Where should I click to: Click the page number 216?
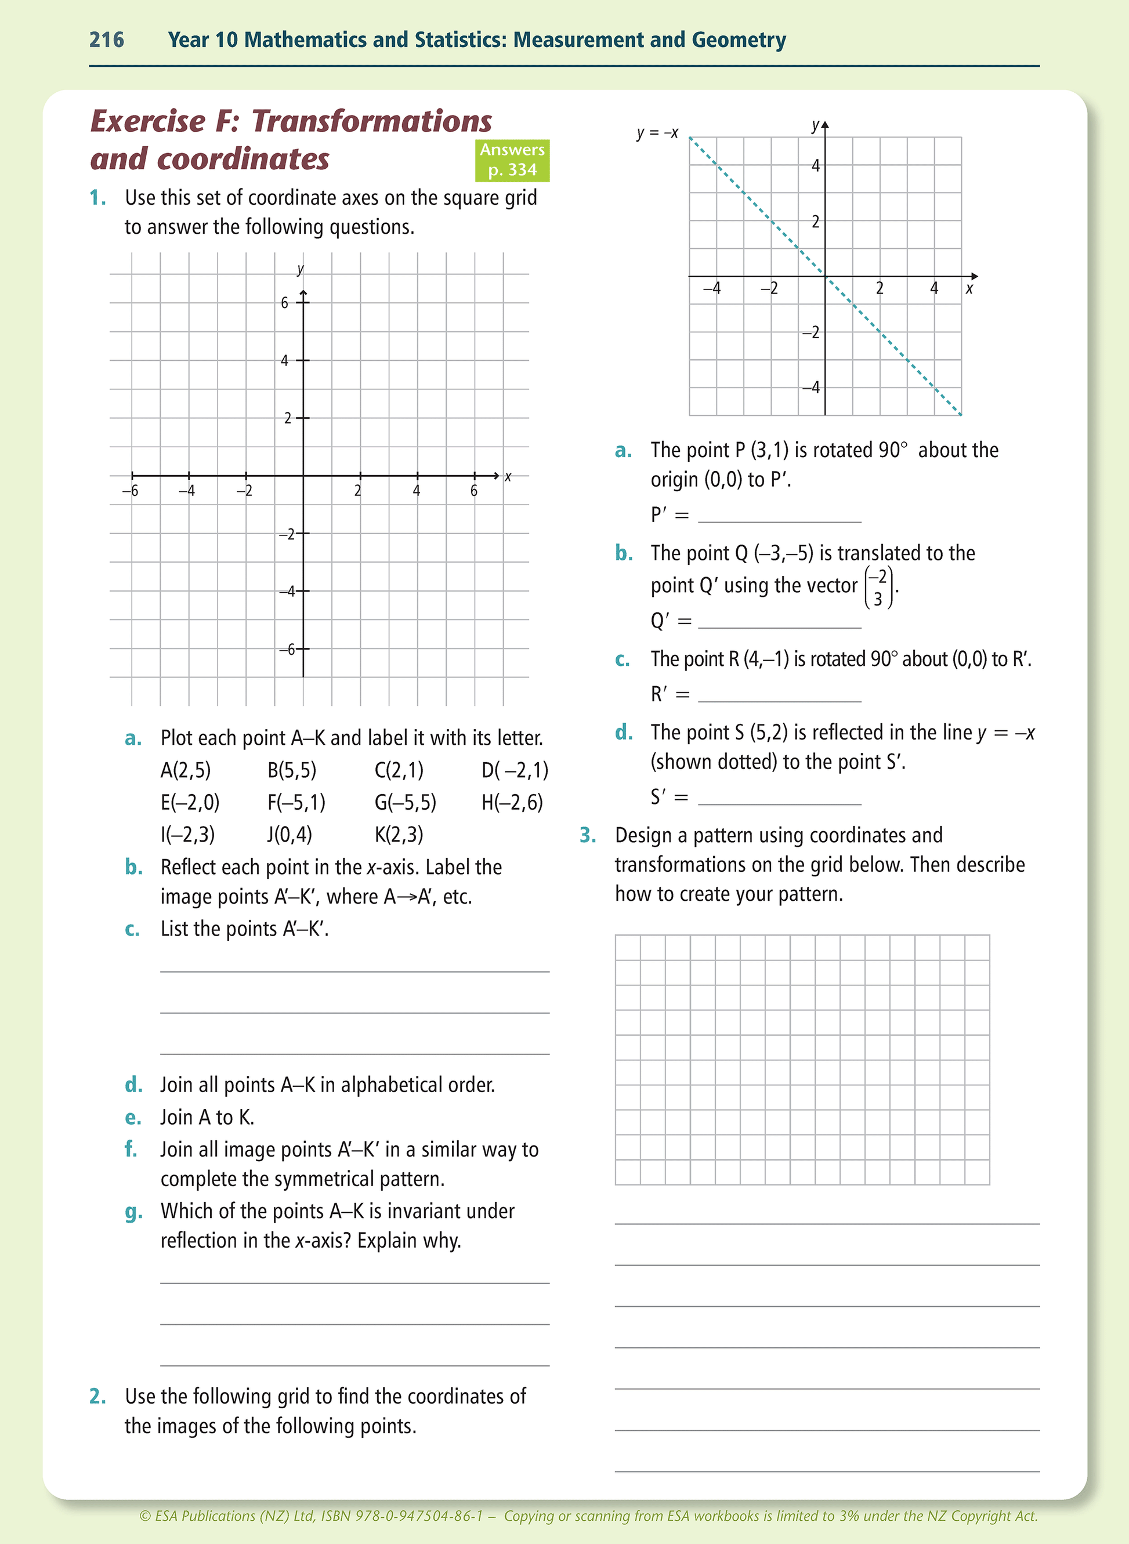pos(107,39)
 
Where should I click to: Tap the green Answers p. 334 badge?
pos(512,160)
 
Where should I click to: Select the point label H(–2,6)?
pos(512,802)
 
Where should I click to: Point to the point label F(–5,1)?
pos(296,802)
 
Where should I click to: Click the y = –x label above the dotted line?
pos(657,133)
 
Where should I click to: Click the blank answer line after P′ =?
pos(779,516)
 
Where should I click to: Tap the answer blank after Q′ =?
pos(779,621)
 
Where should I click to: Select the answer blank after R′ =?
pos(779,695)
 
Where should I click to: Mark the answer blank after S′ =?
pos(779,798)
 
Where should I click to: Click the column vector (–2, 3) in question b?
pos(878,588)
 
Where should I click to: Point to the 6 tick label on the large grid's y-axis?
pos(284,303)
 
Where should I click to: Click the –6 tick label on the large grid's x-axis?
pos(130,491)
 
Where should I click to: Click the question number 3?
pos(588,836)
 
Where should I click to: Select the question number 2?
pos(97,1396)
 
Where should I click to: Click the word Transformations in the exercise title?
pos(372,122)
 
